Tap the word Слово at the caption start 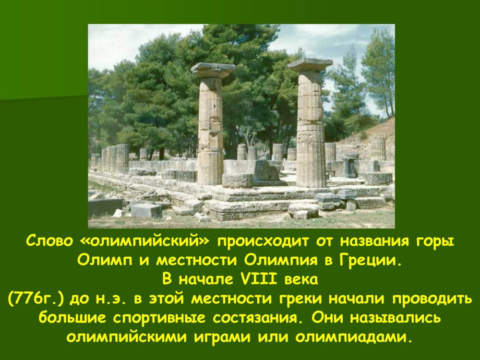click(x=49, y=241)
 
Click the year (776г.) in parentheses click(x=36, y=299)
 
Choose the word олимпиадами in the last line click(x=352, y=337)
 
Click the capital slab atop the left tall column click(x=213, y=69)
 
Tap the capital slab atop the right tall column click(x=311, y=64)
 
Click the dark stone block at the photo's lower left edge click(x=105, y=207)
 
